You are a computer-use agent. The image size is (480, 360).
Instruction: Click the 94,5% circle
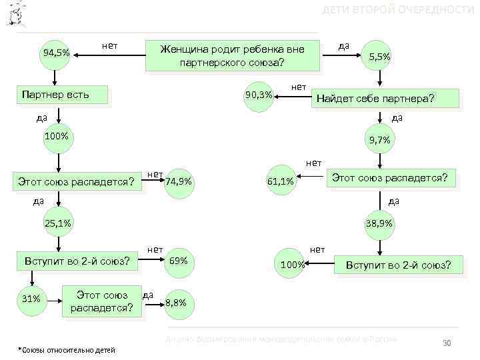[56, 53]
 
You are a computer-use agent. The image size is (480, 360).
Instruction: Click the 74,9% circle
[179, 181]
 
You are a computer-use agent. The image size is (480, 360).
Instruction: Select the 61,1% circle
[281, 181]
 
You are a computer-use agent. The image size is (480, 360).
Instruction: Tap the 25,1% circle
[58, 223]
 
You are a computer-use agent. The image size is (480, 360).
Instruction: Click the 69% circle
[179, 260]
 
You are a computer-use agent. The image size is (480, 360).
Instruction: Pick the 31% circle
[32, 299]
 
